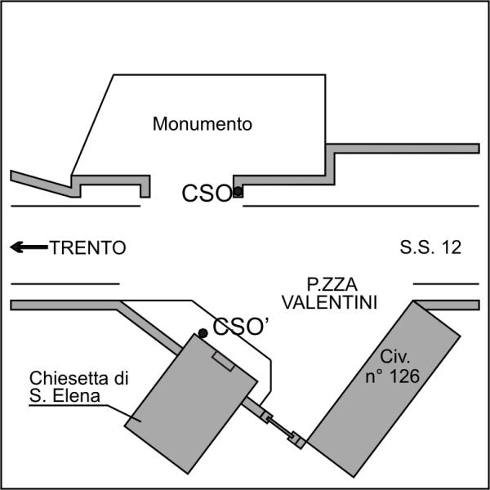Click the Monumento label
pos(203,124)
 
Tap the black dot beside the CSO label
pos(238,190)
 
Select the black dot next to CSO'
pos(203,333)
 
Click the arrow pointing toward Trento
pos(29,247)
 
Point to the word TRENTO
pos(88,247)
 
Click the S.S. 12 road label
pos(430,247)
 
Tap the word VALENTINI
pos(329,302)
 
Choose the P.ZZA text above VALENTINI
pos(332,284)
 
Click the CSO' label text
pos(240,327)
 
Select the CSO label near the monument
pos(207,194)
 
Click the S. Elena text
pos(65,396)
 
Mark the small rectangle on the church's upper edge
pos(223,361)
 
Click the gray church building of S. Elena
pos(191,403)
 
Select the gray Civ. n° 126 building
pos(384,389)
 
